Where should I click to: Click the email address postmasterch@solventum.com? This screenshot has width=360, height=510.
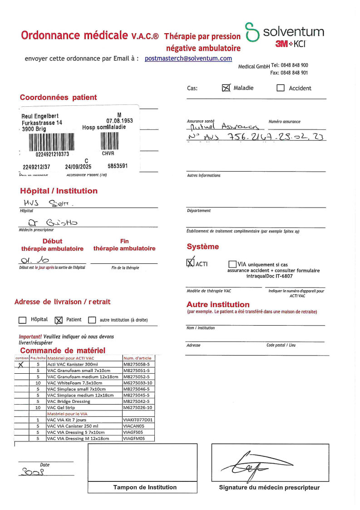[x=188, y=59]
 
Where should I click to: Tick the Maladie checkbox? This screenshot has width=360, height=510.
[x=227, y=88]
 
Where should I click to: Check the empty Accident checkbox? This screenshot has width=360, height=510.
[x=281, y=88]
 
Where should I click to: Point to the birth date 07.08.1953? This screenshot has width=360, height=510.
[x=119, y=121]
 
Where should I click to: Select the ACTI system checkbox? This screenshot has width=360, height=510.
[x=190, y=263]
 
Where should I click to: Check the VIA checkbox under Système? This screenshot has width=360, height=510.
[x=232, y=264]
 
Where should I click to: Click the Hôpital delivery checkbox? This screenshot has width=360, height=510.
[x=22, y=320]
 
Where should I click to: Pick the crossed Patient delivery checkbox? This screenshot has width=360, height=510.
[x=58, y=320]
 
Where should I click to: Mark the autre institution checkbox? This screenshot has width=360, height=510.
[x=92, y=320]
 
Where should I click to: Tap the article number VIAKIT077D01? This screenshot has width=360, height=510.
[x=138, y=420]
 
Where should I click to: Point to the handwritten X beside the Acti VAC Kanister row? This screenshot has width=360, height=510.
[x=21, y=364]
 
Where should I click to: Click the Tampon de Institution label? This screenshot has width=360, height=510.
[x=145, y=487]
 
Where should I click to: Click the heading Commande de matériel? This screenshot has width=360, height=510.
[x=63, y=351]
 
